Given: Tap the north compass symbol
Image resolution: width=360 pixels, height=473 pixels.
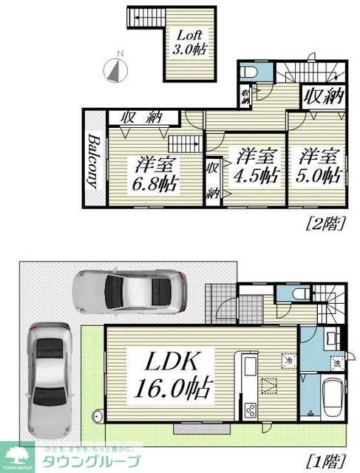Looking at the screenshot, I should [118, 69].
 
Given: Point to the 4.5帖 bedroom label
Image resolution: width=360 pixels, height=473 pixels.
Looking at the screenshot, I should [257, 166].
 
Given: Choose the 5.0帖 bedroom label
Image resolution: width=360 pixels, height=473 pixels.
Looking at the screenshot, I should [319, 166].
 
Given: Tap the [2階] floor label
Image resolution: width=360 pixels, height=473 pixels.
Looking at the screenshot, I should [325, 224].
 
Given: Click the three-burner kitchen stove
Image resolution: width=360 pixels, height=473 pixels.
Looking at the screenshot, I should [249, 408].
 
